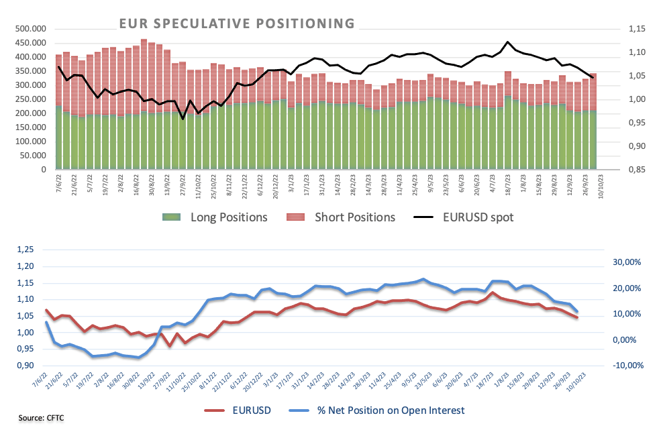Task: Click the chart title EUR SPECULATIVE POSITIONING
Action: (237, 23)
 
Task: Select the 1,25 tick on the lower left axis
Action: (25, 250)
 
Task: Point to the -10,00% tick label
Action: (628, 366)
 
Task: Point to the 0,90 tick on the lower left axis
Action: (25, 366)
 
